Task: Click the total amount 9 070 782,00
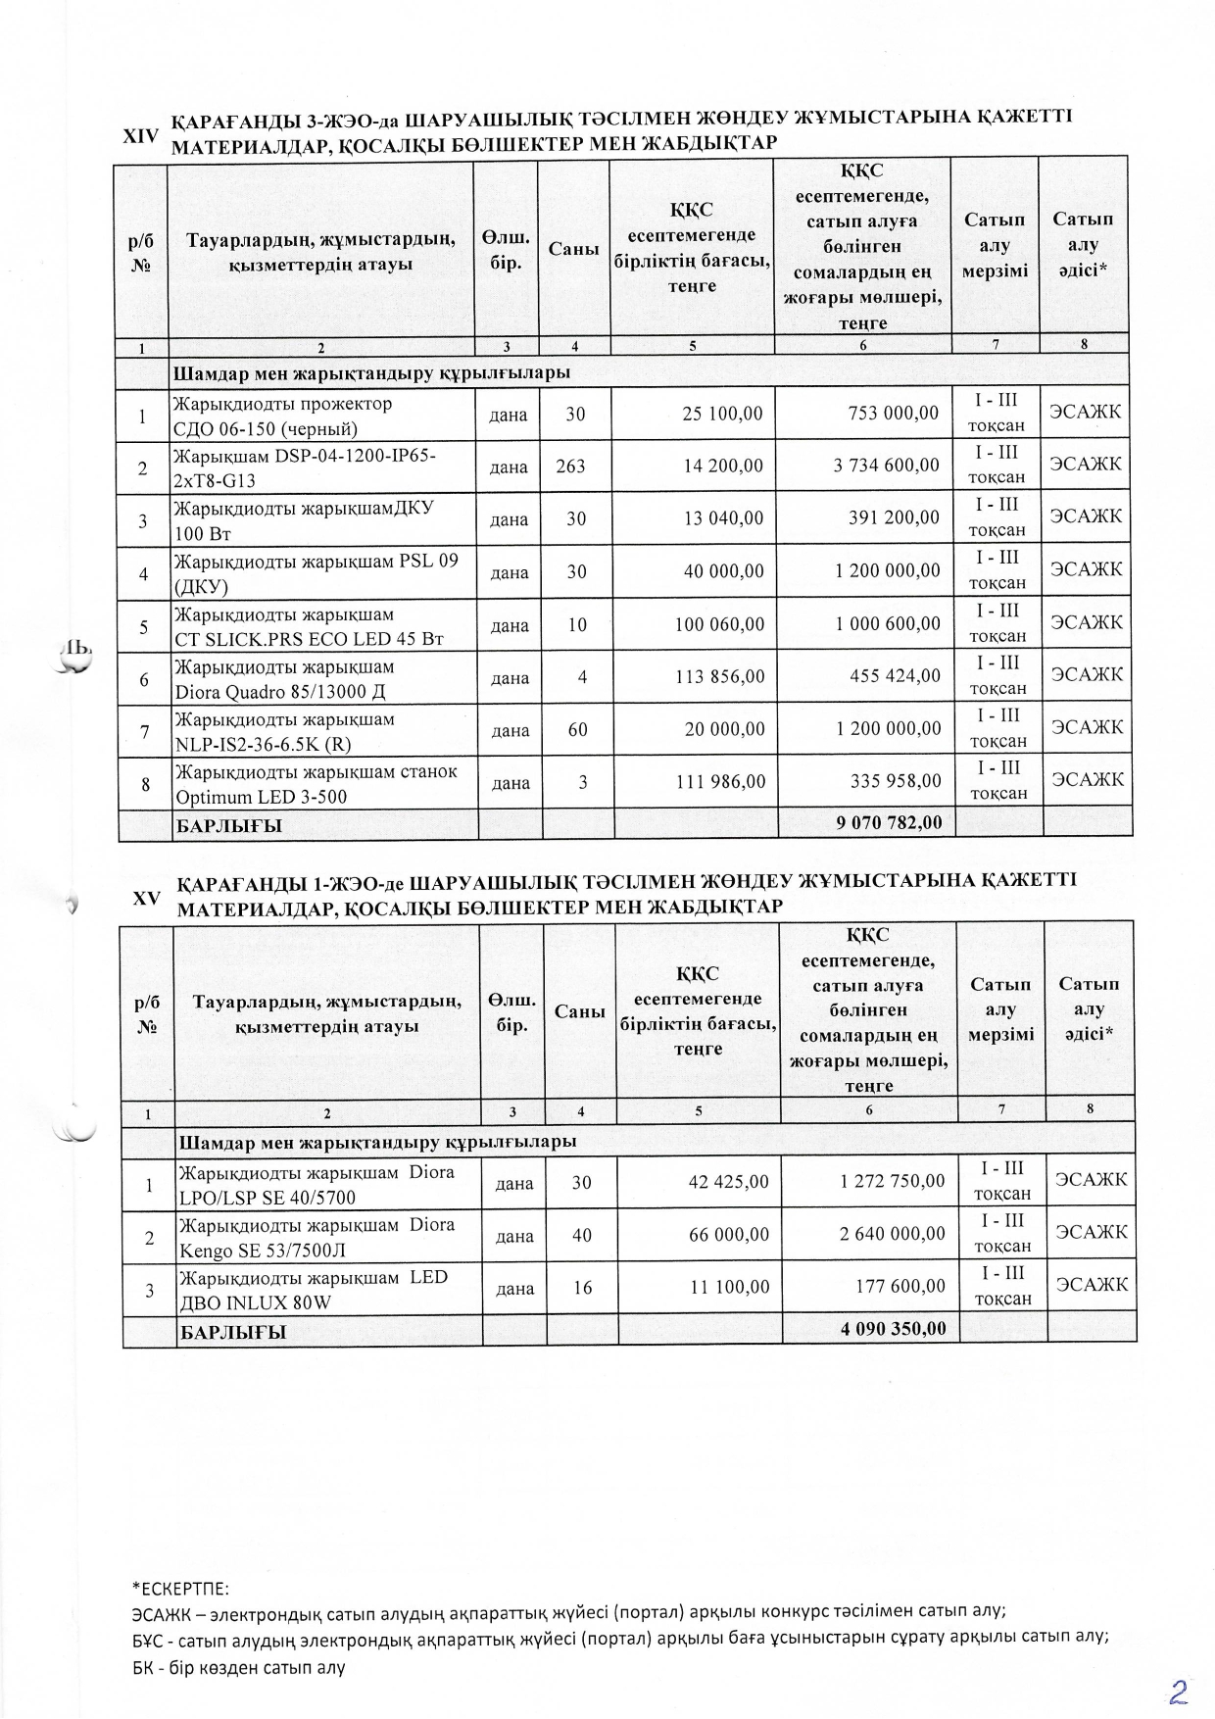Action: (889, 822)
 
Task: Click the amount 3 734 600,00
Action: (886, 466)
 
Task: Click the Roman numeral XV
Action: (147, 897)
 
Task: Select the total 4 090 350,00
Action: (894, 1328)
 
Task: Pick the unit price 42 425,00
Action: (729, 1182)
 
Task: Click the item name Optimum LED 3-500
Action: (261, 797)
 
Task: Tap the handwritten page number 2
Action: (1179, 1691)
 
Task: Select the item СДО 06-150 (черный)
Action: (266, 428)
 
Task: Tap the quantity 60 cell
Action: (576, 729)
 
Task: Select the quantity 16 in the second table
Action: (582, 1287)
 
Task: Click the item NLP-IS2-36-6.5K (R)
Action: (263, 744)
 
